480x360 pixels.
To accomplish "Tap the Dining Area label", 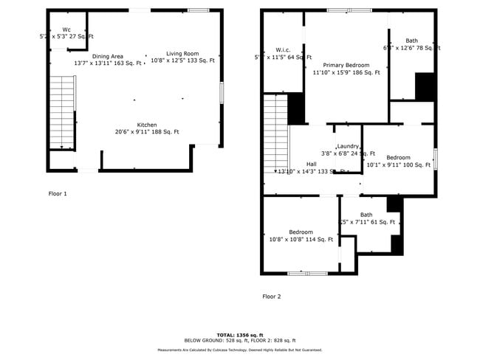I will point(107,56).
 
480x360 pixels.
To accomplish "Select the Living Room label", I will point(182,53).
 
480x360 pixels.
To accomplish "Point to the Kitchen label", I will point(147,125).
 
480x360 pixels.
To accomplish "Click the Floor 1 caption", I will point(58,193).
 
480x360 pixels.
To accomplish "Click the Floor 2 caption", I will point(272,297).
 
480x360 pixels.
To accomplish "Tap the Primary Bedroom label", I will point(346,65).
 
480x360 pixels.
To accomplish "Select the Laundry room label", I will point(348,147).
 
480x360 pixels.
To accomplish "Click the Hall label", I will point(312,164).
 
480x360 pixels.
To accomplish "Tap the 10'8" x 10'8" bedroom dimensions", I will point(301,239).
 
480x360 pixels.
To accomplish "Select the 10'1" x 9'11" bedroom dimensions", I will point(399,165).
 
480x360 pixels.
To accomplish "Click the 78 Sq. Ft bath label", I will point(411,48).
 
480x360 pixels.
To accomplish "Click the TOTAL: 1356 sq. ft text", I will point(240,335).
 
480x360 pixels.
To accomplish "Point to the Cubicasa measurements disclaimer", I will point(240,350).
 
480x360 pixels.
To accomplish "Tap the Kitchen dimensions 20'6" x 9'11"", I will point(147,132).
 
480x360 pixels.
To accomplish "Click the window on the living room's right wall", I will point(222,92).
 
